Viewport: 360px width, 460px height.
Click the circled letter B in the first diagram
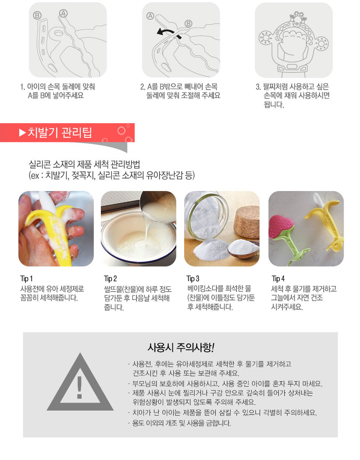pos(37,15)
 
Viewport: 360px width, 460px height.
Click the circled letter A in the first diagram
pos(63,13)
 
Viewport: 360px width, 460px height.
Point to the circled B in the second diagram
pos(188,24)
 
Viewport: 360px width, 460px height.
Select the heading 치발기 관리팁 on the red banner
pos(59,133)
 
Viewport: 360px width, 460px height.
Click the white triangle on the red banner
pos(22,133)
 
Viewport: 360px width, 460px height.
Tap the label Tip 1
pos(26,279)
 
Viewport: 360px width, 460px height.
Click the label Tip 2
pos(110,279)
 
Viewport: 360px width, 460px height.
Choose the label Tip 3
pos(193,279)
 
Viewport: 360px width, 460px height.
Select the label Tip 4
pos(278,279)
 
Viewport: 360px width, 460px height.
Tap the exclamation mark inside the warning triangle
pos(79,387)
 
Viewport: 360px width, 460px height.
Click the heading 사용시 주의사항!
pos(181,348)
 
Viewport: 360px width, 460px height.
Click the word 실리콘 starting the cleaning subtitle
pos(40,164)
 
